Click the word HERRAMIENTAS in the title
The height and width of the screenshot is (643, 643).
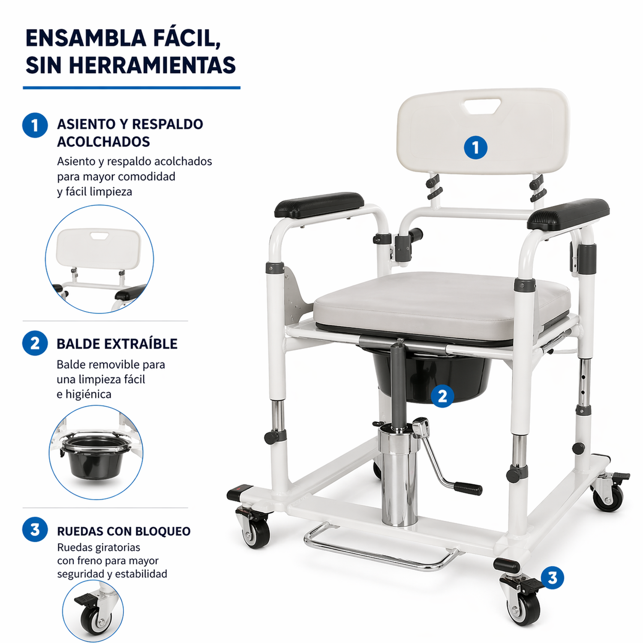pyautogui.click(x=152, y=65)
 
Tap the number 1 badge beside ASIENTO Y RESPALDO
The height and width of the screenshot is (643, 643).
pyautogui.click(x=35, y=125)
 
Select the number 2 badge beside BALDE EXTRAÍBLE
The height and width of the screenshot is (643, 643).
pyautogui.click(x=35, y=343)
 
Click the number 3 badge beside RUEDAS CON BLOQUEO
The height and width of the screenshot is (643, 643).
pyautogui.click(x=35, y=530)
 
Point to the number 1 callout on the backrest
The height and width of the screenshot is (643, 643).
pyautogui.click(x=475, y=147)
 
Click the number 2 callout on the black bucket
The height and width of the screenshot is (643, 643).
pyautogui.click(x=442, y=396)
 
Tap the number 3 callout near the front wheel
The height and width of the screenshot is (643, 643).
pyautogui.click(x=552, y=577)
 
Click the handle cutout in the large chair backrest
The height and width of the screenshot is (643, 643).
pyautogui.click(x=483, y=106)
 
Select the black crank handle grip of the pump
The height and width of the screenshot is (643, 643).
pyautogui.click(x=468, y=488)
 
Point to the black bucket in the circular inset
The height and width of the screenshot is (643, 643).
pyautogui.click(x=95, y=456)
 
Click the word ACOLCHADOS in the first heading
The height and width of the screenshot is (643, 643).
pyautogui.click(x=103, y=141)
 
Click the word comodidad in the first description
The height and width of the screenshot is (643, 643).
pyautogui.click(x=146, y=177)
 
